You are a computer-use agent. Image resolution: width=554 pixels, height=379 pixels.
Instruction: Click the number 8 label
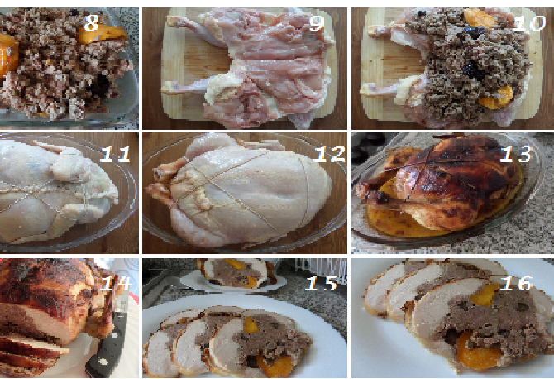point(91,23)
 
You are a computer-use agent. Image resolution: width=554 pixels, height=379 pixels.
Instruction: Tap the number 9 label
point(316,24)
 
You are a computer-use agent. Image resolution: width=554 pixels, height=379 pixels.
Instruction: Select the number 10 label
point(528,23)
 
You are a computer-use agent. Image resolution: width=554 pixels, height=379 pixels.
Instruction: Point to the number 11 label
point(116,155)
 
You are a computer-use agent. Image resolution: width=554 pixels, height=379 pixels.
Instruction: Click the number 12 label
point(329,155)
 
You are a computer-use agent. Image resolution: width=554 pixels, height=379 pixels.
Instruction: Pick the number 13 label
point(516,155)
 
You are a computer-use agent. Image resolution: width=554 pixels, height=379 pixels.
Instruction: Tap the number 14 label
point(116,283)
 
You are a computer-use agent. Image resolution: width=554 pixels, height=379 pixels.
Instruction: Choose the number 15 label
point(322,283)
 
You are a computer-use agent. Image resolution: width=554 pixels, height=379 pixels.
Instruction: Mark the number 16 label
point(516,283)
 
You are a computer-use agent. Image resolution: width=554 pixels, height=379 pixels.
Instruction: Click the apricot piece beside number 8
point(101,35)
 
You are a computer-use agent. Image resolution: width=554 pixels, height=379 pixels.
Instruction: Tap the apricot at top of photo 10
point(480,17)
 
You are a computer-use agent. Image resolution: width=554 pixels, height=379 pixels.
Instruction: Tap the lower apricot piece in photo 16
point(475,351)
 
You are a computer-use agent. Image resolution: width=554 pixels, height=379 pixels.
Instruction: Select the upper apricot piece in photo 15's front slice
point(251,325)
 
